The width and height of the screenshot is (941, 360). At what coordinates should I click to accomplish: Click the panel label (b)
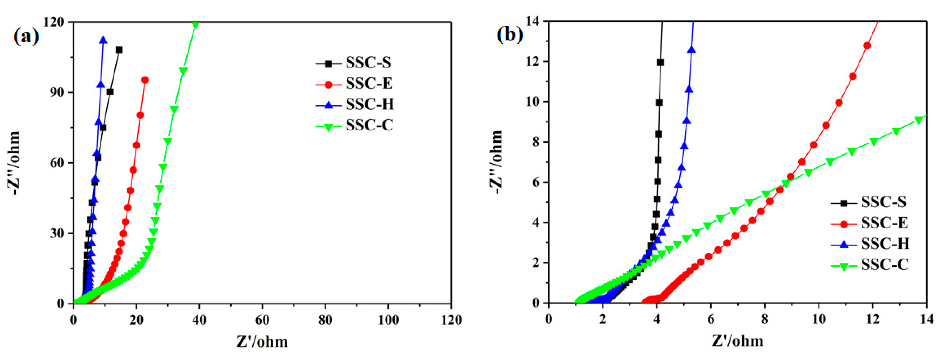[x=510, y=34]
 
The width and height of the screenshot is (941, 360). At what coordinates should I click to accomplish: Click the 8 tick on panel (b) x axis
[x=765, y=319]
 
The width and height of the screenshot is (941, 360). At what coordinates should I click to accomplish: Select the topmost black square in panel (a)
[x=119, y=50]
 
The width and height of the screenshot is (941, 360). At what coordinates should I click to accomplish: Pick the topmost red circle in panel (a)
[x=145, y=80]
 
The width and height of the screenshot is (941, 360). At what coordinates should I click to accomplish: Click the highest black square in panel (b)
[x=660, y=62]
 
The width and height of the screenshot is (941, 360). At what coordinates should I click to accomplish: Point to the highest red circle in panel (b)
[x=867, y=46]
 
